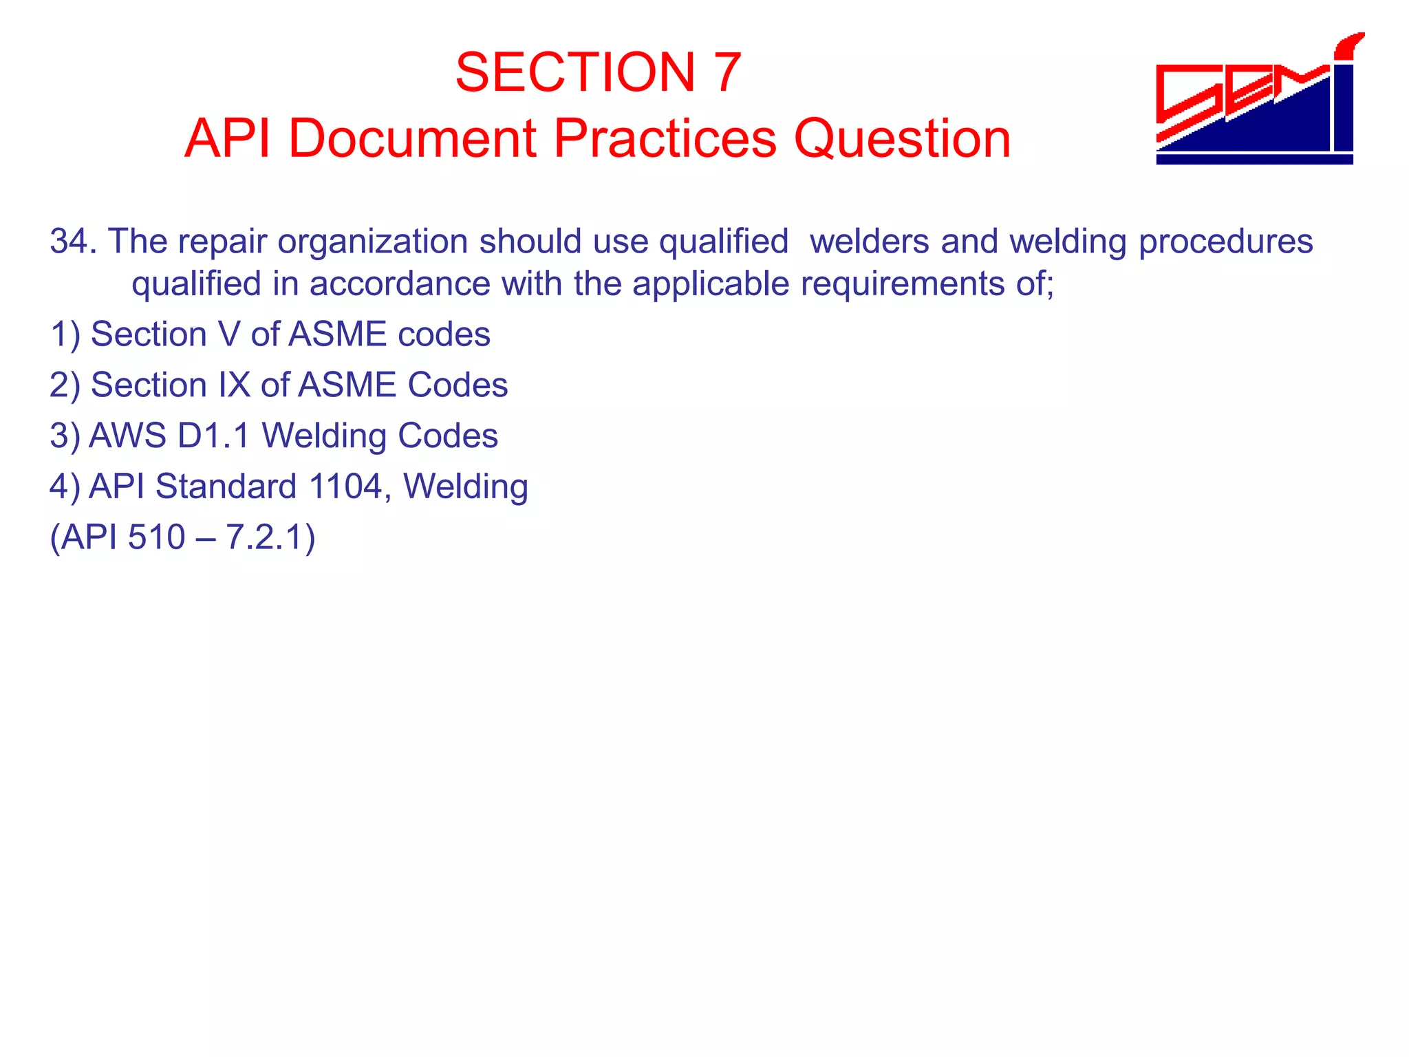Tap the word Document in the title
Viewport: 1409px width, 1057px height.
(411, 139)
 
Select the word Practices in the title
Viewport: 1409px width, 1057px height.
(665, 139)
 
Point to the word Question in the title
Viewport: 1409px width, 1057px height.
(902, 139)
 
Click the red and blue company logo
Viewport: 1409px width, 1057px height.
(1255, 103)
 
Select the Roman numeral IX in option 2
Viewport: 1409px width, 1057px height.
(234, 385)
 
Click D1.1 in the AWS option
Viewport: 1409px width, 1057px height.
(213, 436)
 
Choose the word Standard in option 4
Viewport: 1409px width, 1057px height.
(226, 487)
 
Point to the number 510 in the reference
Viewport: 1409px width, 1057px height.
(156, 537)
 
